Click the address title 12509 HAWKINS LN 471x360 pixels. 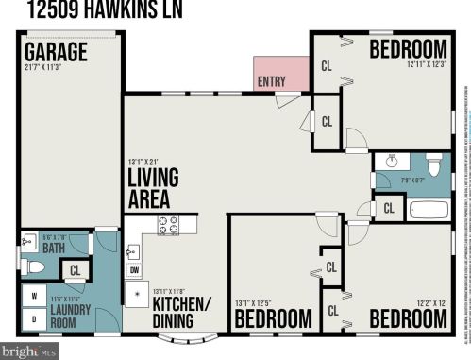105,11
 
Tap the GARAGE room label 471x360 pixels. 56,50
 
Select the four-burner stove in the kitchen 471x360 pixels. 168,225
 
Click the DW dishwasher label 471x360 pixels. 134,271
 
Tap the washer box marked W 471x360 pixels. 35,296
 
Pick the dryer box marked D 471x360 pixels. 35,318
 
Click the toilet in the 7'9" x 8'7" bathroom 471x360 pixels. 434,166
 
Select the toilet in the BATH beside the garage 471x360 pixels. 34,267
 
